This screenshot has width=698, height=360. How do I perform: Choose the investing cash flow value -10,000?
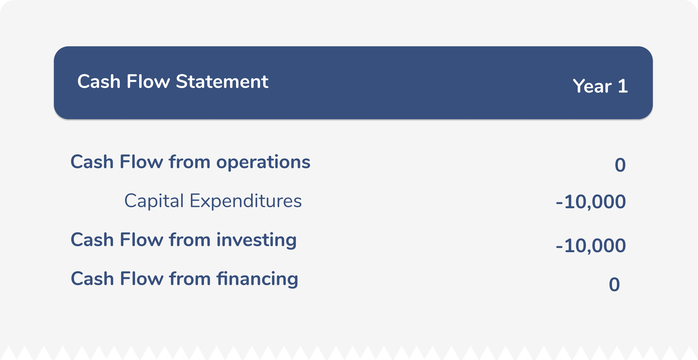(591, 246)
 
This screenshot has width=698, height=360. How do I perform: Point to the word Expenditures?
(245, 201)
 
